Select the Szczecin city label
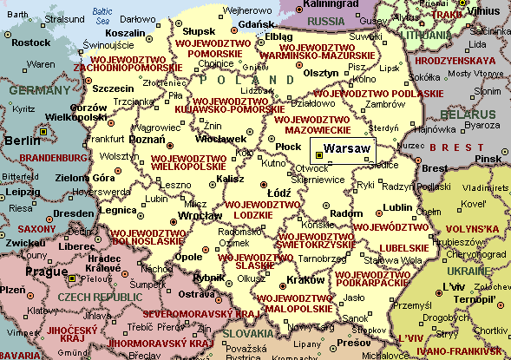pos(113,88)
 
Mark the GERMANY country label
pos(34,89)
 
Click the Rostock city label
pos(32,42)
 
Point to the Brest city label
pos(434,168)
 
